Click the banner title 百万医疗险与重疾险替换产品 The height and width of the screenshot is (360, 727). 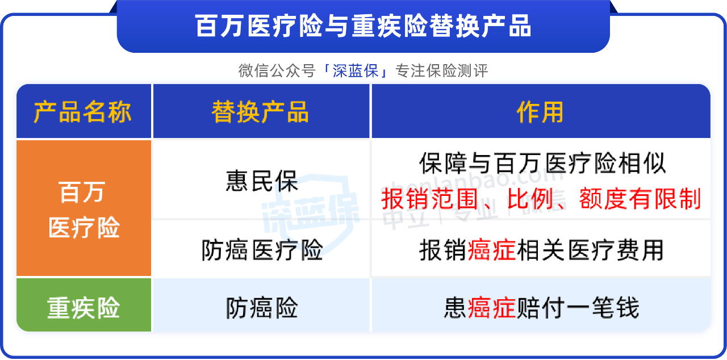click(363, 26)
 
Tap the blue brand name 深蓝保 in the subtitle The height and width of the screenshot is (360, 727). click(356, 71)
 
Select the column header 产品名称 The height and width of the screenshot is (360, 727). click(82, 112)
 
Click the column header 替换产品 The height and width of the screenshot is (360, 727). click(260, 112)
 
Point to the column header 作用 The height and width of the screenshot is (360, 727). click(540, 112)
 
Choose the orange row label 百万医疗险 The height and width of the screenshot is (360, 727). click(83, 210)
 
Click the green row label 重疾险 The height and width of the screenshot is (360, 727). click(83, 307)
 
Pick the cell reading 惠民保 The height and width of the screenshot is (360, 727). click(262, 181)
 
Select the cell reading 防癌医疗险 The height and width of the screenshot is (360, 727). click(262, 250)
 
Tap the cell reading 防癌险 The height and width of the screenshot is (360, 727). click(262, 307)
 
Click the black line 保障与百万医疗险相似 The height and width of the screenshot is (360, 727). click(542, 163)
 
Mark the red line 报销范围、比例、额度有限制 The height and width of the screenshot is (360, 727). click(541, 199)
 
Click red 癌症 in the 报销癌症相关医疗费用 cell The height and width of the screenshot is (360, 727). click(491, 250)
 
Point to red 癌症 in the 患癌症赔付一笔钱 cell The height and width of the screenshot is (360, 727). click(491, 307)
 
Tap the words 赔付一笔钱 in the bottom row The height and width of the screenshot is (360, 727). click(578, 307)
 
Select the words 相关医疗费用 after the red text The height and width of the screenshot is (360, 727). click(590, 250)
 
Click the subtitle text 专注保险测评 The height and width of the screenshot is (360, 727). click(442, 71)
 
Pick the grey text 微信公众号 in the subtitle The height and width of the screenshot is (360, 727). click(277, 71)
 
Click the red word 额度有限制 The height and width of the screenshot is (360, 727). click(640, 199)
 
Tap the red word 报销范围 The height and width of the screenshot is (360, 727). click(429, 199)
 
